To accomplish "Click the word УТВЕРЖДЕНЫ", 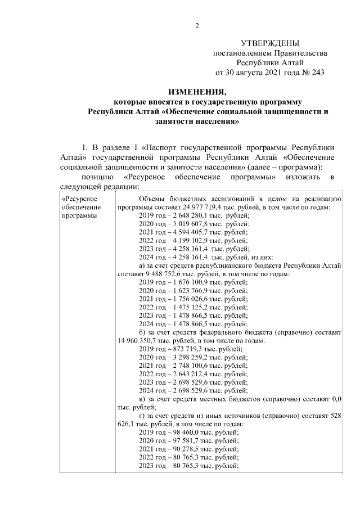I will click(269, 43).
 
